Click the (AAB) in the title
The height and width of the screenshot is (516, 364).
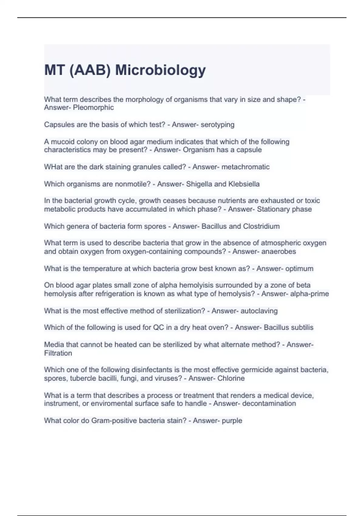point(90,70)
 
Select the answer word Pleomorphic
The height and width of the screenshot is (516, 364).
point(93,107)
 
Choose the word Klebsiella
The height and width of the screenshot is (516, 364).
point(244,184)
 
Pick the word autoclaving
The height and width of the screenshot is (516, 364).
point(259,311)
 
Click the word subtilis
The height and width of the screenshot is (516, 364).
point(302,328)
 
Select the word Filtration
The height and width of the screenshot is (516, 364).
point(58,353)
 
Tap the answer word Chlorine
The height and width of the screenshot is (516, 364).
point(231,378)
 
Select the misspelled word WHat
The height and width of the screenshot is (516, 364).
point(53,167)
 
